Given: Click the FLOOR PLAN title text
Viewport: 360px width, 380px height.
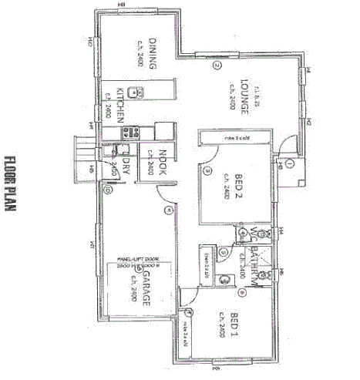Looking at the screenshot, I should click(12, 184).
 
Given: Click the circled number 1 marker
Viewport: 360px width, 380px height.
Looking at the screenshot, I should click(290, 163).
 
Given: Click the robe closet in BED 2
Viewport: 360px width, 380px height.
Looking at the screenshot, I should click(235, 138).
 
